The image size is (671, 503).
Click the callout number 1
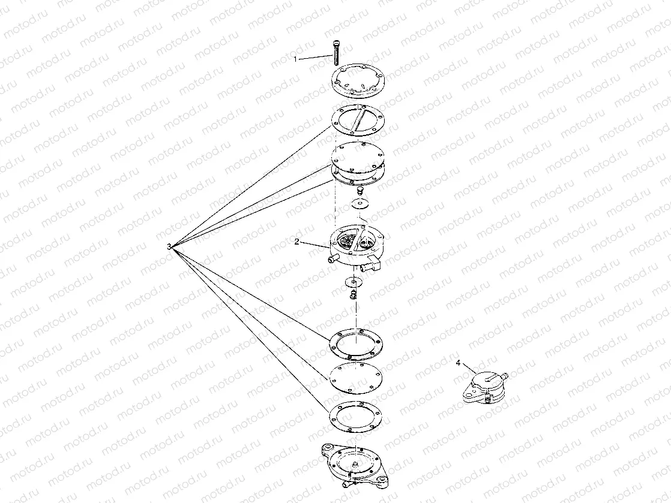[x=295, y=59]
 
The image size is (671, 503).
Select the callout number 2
[x=297, y=242]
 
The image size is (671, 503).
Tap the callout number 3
[x=169, y=246]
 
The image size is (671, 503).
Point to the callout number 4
[x=459, y=363]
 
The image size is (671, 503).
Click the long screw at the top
[x=336, y=52]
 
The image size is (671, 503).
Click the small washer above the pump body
[x=359, y=203]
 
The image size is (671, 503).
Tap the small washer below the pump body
[x=353, y=282]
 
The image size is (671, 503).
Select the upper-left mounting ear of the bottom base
[x=328, y=448]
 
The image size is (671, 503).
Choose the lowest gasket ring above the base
[x=355, y=417]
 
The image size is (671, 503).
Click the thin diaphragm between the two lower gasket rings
[x=355, y=379]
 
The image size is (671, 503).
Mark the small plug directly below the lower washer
[x=353, y=294]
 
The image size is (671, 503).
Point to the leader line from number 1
[x=315, y=58]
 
